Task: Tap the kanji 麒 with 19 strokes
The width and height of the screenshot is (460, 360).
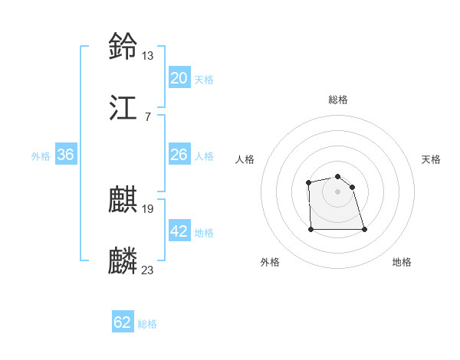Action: [x=123, y=199]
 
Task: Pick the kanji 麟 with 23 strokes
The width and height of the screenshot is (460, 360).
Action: [x=123, y=260]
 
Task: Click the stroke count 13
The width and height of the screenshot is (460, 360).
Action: [x=147, y=55]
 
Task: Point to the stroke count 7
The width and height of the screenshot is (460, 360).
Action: [x=147, y=116]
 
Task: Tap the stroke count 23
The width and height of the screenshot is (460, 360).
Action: [x=147, y=270]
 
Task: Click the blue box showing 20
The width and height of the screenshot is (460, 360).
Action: [x=179, y=78]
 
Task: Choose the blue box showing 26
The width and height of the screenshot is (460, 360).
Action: [x=179, y=155]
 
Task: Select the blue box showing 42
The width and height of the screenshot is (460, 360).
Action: [x=179, y=231]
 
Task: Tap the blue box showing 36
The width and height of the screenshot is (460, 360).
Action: [x=66, y=155]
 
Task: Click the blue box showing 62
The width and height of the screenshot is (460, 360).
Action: [x=123, y=322]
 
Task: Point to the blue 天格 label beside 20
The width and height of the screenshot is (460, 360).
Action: [x=204, y=80]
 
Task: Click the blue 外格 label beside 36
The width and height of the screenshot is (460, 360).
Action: [x=41, y=156]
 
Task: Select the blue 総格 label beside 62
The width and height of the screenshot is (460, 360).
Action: [x=147, y=324]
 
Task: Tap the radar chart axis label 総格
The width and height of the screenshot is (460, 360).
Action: [x=338, y=100]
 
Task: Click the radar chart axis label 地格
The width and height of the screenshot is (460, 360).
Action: [x=402, y=262]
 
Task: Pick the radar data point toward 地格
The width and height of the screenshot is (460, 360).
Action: [x=363, y=229]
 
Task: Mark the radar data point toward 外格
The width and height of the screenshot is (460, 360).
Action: [x=311, y=229]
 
